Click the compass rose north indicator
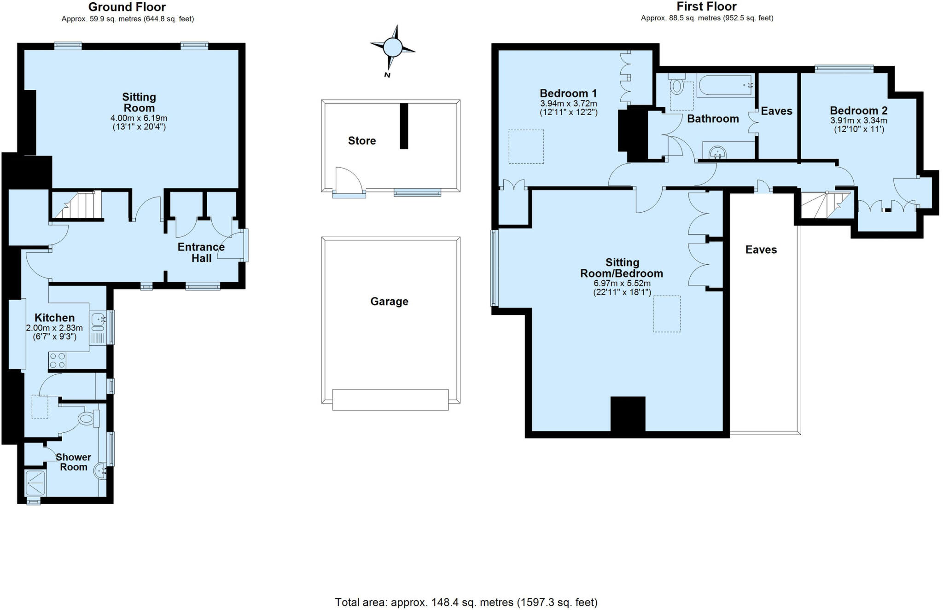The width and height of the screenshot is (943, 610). [x=392, y=47]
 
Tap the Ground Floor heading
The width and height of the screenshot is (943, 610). [x=127, y=7]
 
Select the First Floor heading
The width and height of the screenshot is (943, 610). [x=706, y=6]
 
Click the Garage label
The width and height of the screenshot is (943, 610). [x=389, y=302]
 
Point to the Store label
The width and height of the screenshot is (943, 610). [x=362, y=141]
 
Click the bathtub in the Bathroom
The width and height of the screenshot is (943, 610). [x=725, y=86]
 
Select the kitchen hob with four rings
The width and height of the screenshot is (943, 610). [x=58, y=360]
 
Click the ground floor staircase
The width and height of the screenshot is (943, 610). [x=76, y=205]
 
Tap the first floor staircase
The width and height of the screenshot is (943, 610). [x=825, y=205]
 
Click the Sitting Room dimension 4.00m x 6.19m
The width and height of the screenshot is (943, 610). [x=139, y=118]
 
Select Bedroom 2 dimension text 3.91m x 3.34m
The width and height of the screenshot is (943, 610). [x=858, y=121]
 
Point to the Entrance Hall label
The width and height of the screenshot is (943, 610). [x=201, y=253]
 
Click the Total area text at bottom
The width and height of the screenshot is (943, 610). [x=466, y=602]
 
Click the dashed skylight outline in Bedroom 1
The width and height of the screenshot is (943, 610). [x=526, y=146]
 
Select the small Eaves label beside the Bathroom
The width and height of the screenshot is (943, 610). [x=776, y=111]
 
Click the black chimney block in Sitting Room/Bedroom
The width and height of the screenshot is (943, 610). [x=628, y=414]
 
